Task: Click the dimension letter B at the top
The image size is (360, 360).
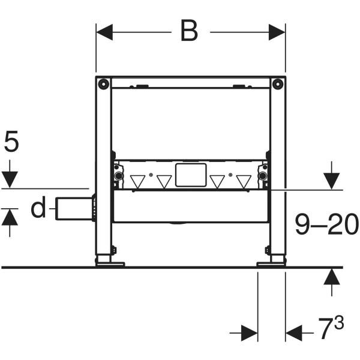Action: [x=190, y=31]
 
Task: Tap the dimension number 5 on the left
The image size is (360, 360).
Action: [x=11, y=141]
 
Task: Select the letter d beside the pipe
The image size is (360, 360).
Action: [x=38, y=207]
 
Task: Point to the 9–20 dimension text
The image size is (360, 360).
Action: [x=327, y=224]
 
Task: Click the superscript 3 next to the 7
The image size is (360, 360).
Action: [x=339, y=323]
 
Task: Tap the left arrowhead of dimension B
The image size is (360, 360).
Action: [x=104, y=32]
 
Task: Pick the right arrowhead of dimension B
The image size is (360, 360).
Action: [x=277, y=32]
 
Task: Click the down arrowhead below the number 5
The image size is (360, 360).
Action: [x=10, y=179]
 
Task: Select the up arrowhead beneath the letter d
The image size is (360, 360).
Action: [x=10, y=217]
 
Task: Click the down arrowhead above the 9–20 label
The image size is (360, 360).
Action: [x=332, y=181]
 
